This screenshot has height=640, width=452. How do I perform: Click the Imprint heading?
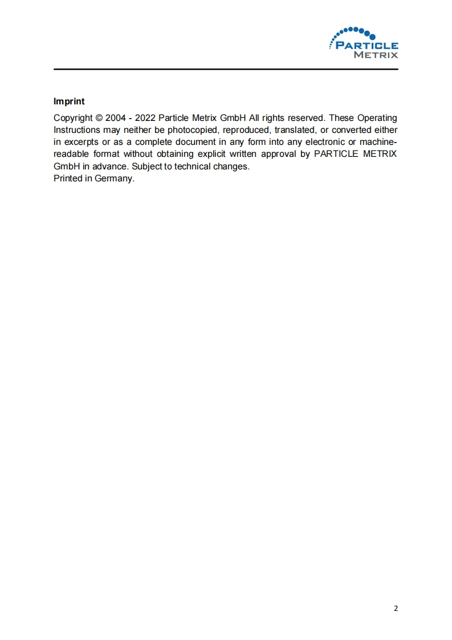[x=69, y=102]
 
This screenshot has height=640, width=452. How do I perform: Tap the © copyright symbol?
[x=99, y=118]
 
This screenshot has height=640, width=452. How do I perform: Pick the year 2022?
[x=144, y=118]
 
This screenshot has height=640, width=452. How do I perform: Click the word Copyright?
[x=73, y=118]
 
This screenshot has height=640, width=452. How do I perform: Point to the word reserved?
[x=306, y=118]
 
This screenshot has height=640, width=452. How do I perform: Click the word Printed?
[x=68, y=179]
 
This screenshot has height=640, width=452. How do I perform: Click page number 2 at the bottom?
[x=396, y=608]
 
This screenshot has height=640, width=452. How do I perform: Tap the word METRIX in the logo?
[x=376, y=55]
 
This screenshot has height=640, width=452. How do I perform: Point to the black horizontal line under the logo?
[x=226, y=70]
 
